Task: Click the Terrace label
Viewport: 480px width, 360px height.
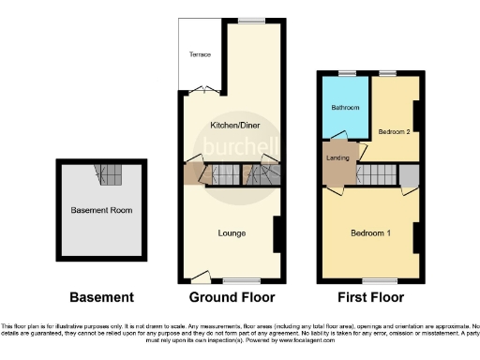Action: (x=200, y=54)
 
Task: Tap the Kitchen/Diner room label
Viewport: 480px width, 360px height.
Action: (x=230, y=125)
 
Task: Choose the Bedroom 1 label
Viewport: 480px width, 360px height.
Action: (x=369, y=232)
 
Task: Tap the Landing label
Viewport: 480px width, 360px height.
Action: (x=337, y=158)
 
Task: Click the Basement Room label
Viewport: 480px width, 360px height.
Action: (x=101, y=210)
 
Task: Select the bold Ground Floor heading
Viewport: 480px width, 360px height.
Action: (x=232, y=297)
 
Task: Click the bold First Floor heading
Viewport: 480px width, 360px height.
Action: (x=369, y=297)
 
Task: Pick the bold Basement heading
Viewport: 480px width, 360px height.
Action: (x=101, y=297)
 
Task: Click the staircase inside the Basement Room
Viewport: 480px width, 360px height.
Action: (x=110, y=173)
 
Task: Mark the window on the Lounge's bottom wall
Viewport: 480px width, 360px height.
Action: (x=241, y=280)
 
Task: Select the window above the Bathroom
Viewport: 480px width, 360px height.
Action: (x=347, y=72)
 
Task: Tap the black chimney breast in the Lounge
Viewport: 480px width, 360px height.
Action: (x=277, y=233)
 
